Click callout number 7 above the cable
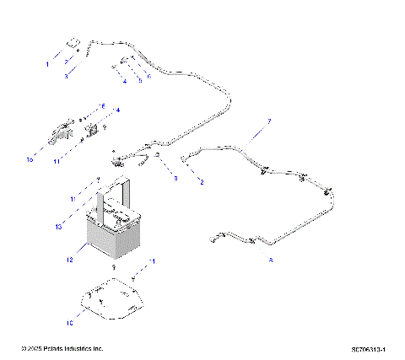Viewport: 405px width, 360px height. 269,121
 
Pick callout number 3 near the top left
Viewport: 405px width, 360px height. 66,76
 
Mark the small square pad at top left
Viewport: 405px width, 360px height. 73,42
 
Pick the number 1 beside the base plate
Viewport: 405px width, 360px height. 153,262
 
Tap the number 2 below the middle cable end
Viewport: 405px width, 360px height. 201,181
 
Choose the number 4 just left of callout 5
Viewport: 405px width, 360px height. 123,81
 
